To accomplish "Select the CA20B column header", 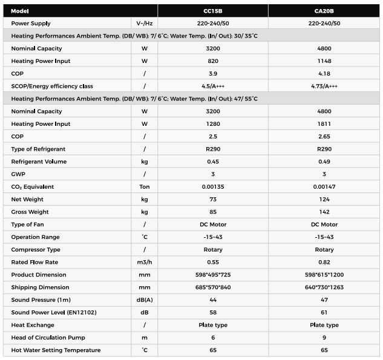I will click(324, 11).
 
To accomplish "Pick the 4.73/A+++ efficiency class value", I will click(324, 87).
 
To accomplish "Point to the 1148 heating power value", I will click(324, 61).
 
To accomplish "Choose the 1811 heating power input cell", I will click(324, 124).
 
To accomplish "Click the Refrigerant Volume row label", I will click(39, 162).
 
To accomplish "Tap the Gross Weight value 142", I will click(324, 212).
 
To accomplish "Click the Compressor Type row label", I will click(36, 249).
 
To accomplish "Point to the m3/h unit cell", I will click(145, 262).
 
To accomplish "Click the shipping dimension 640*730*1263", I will click(324, 287).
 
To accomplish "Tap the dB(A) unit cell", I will click(145, 299).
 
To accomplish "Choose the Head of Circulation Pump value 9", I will click(324, 338).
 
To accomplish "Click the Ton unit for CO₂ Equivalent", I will click(145, 187).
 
